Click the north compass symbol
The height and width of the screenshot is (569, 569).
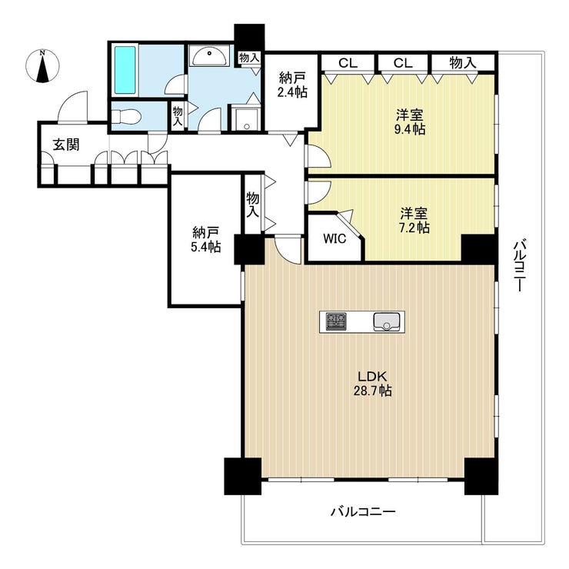[42, 66]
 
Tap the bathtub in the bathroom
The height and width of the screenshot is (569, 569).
[125, 70]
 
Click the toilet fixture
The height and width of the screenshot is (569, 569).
[125, 118]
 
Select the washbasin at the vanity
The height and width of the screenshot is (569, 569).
[210, 57]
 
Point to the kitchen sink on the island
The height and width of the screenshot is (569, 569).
[387, 322]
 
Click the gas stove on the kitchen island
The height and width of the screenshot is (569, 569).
[336, 321]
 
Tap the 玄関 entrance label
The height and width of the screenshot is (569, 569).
[66, 145]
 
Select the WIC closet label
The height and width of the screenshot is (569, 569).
[334, 239]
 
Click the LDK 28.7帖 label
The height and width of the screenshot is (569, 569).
[373, 383]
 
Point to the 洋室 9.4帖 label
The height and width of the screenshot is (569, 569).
[410, 122]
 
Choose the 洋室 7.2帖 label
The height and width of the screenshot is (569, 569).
[414, 220]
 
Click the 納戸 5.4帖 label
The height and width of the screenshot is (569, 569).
[205, 239]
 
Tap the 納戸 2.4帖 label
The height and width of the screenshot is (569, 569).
[292, 85]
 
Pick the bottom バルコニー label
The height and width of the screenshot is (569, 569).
[363, 512]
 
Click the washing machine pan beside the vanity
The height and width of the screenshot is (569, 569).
[246, 118]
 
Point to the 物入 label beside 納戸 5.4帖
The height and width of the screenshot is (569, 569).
[253, 205]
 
